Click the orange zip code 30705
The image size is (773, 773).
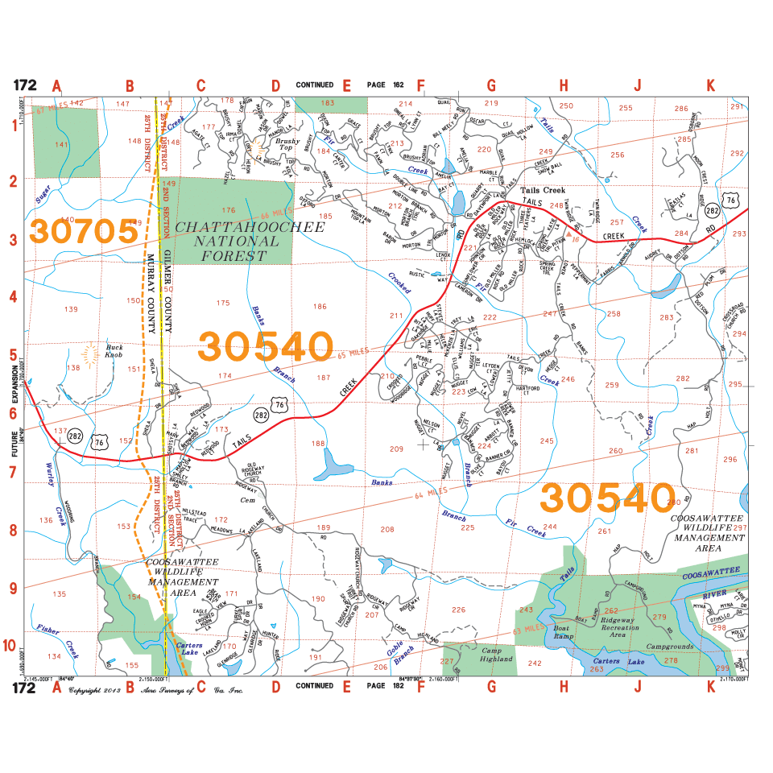pyautogui.click(x=84, y=231)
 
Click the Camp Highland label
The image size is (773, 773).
pyautogui.click(x=497, y=654)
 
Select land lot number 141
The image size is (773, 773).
pyautogui.click(x=60, y=144)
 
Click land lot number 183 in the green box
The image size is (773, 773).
pyautogui.click(x=328, y=103)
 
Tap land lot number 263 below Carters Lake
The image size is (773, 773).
pyautogui.click(x=597, y=669)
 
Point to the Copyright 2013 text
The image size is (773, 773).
pyautogui.click(x=95, y=690)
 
